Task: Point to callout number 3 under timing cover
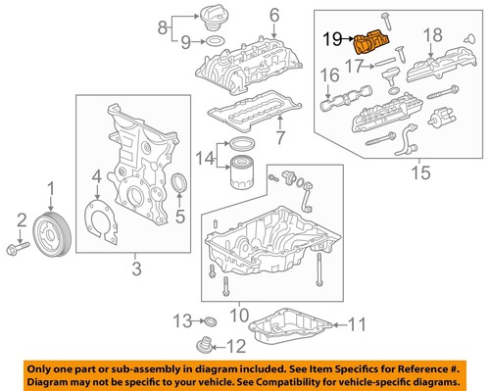[x=136, y=268]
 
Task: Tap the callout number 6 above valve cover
[x=272, y=14]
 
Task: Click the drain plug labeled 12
[x=205, y=345]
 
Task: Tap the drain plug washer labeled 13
[x=207, y=321]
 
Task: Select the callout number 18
[x=426, y=35]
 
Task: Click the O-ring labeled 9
[x=218, y=41]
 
